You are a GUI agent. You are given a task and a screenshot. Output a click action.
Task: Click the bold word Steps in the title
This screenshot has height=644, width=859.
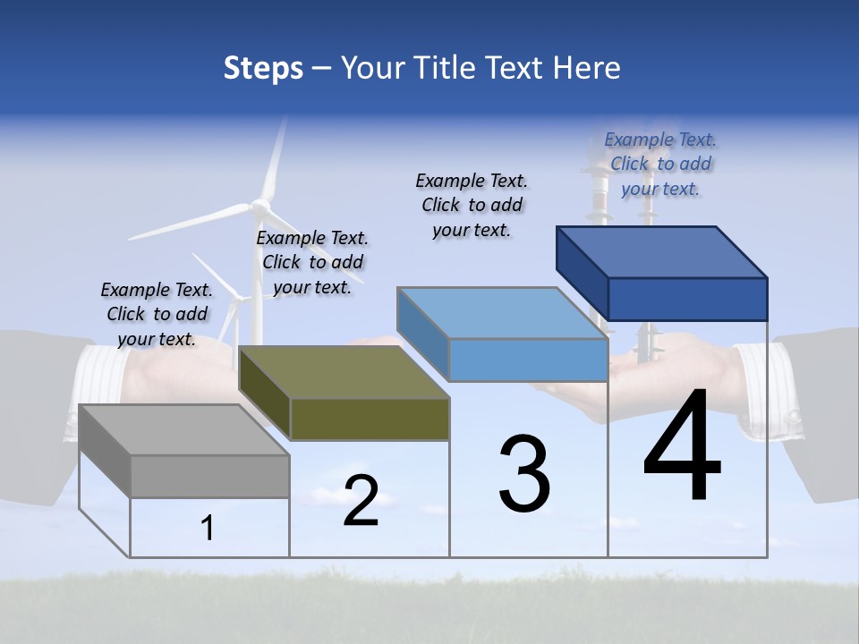263,68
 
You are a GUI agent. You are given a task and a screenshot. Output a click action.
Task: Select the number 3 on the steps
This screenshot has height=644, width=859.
524,474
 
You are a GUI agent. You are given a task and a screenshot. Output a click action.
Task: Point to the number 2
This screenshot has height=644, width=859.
361,501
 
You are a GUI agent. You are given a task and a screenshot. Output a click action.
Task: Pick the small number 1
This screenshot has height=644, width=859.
208,528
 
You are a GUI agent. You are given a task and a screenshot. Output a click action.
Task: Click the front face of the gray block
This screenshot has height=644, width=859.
210,476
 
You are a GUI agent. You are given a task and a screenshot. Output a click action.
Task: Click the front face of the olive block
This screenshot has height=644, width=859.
370,419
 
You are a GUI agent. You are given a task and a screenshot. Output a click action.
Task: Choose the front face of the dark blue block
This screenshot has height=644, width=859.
687,298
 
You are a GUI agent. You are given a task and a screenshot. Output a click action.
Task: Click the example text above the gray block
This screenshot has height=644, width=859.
157,315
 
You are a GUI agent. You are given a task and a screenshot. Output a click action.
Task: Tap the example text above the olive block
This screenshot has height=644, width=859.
312,263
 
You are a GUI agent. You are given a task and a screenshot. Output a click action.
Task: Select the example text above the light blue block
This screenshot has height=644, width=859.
472,205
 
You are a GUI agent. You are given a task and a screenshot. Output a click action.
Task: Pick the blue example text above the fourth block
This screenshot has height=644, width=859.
660,164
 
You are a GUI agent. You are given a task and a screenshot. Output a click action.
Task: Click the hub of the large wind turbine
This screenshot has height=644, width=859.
260,207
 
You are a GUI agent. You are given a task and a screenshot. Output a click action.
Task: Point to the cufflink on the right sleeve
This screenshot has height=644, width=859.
792,417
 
